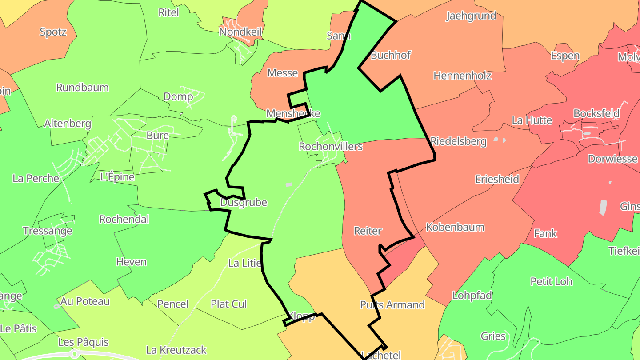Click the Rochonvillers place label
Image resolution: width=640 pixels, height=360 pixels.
[x=331, y=147]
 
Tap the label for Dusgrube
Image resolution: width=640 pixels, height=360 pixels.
[x=244, y=203]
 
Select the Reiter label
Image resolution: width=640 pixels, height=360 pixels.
[x=368, y=231]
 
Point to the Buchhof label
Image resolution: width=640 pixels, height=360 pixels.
[x=391, y=56]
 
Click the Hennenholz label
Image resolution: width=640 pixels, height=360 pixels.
[x=462, y=76]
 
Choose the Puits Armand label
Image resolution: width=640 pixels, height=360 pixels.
[x=392, y=305]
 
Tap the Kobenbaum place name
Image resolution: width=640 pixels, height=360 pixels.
[x=455, y=228]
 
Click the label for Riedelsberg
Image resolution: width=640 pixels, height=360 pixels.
[x=458, y=142]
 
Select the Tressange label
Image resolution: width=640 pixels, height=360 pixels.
[x=48, y=231]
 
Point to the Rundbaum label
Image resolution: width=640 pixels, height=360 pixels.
[x=82, y=88]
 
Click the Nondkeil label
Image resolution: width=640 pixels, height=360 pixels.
[x=240, y=32]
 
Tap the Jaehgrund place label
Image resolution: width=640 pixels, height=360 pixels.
[x=471, y=16]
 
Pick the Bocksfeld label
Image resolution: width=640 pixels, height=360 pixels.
[x=596, y=113]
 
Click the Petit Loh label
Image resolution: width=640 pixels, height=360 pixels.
[x=551, y=282]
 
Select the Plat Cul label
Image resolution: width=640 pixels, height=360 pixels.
[x=228, y=304]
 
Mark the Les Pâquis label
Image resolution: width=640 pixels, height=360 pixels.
[x=84, y=343]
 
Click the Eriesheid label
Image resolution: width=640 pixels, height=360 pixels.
[x=497, y=180]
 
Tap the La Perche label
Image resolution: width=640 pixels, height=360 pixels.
[x=36, y=179]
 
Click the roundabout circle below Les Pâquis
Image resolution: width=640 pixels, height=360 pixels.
[x=75, y=354]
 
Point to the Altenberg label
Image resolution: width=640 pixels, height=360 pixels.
[x=68, y=124]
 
